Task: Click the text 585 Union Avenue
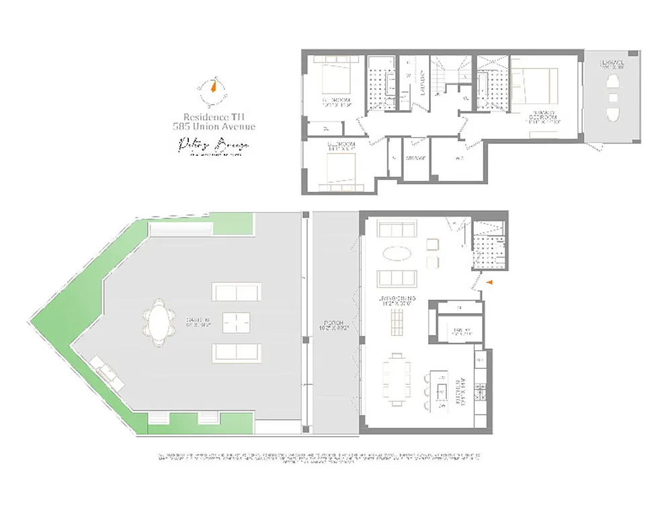coord(214,126)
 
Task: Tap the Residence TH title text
coord(214,116)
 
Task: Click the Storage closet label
coord(415,159)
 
